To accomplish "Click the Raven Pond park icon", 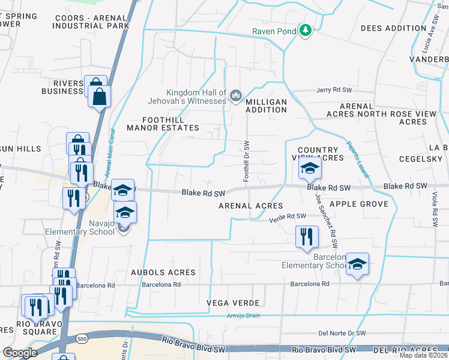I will click(x=306, y=30).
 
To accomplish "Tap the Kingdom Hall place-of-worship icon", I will click(x=236, y=95).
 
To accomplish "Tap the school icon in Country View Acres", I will click(x=310, y=169).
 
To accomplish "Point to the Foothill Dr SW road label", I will click(x=246, y=161).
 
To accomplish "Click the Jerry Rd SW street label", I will click(x=334, y=90).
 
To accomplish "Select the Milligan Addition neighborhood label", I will click(x=266, y=106).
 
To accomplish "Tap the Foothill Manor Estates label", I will click(x=155, y=123).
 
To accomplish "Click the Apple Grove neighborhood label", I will click(x=359, y=204).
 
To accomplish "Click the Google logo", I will click(x=20, y=353).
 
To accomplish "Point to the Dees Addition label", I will click(x=393, y=28).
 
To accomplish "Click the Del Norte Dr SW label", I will click(x=342, y=333).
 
